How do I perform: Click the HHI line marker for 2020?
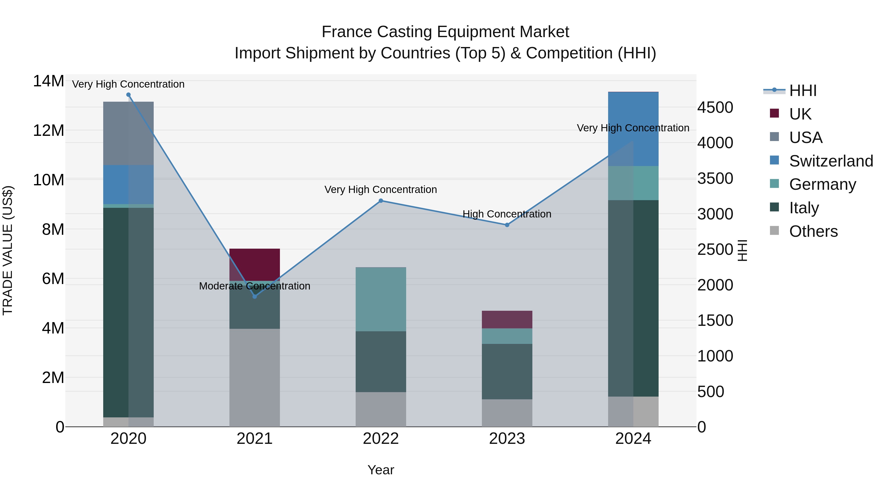pos(128,95)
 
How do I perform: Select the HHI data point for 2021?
pos(255,296)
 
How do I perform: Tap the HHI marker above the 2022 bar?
pos(381,201)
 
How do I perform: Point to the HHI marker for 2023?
pos(507,225)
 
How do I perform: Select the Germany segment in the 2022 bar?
pos(381,299)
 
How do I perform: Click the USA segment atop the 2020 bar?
pos(128,133)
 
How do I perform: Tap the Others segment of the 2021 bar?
pos(255,377)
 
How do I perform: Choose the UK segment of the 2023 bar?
pos(507,319)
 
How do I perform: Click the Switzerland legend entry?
pos(831,161)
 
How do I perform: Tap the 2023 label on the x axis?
pos(507,439)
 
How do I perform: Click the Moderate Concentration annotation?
pos(255,286)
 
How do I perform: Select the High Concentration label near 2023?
pos(507,214)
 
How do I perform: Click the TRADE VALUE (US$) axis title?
pos(8,250)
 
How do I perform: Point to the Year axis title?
pos(381,470)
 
